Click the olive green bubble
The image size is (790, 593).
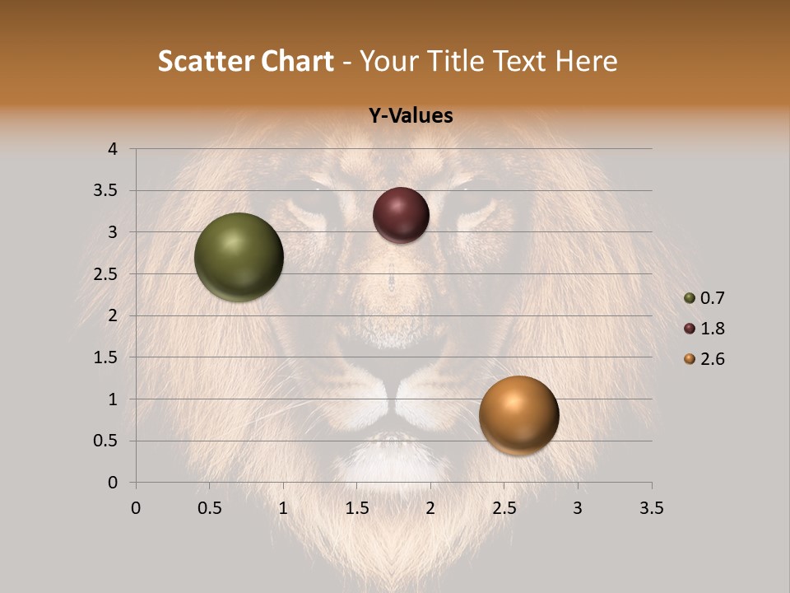pyautogui.click(x=239, y=257)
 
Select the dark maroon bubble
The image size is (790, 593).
pyautogui.click(x=401, y=215)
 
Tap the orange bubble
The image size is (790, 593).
pyautogui.click(x=518, y=415)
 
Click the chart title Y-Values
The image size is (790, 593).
pyautogui.click(x=410, y=116)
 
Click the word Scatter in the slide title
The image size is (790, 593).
pyautogui.click(x=206, y=61)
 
